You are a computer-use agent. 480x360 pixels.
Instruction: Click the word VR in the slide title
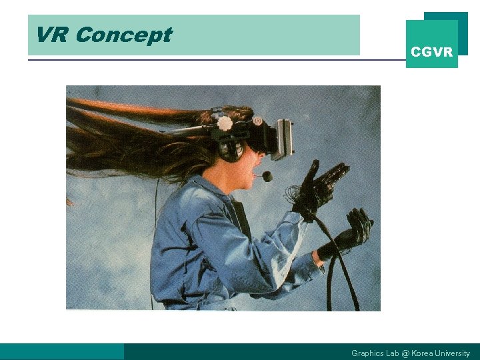(51, 35)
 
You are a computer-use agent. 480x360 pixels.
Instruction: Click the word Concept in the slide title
(123, 35)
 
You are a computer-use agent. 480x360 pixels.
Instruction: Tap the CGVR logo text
(431, 52)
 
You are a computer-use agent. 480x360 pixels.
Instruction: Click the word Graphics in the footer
(367, 353)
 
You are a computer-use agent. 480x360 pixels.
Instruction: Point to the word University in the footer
(453, 353)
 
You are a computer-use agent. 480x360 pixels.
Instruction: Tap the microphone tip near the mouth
(267, 177)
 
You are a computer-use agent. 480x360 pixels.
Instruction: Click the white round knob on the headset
(225, 123)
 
